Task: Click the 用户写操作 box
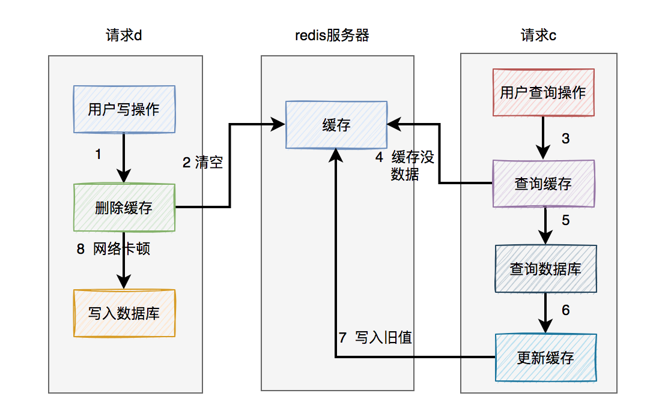(124, 109)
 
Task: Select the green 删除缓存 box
(124, 208)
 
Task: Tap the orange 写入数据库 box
(124, 313)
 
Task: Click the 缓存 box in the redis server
(336, 125)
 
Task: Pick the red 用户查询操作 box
(544, 92)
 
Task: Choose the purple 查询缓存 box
(544, 184)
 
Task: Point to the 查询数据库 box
(546, 269)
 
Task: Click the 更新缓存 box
(546, 358)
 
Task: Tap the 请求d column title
(124, 35)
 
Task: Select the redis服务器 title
(332, 35)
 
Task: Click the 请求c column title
(538, 35)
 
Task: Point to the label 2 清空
(202, 163)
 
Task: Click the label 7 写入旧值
(375, 337)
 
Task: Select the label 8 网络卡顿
(113, 249)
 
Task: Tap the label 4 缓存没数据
(405, 166)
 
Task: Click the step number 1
(98, 154)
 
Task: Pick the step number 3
(566, 139)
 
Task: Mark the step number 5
(566, 220)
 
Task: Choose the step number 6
(566, 310)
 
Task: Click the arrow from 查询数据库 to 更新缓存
(545, 313)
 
